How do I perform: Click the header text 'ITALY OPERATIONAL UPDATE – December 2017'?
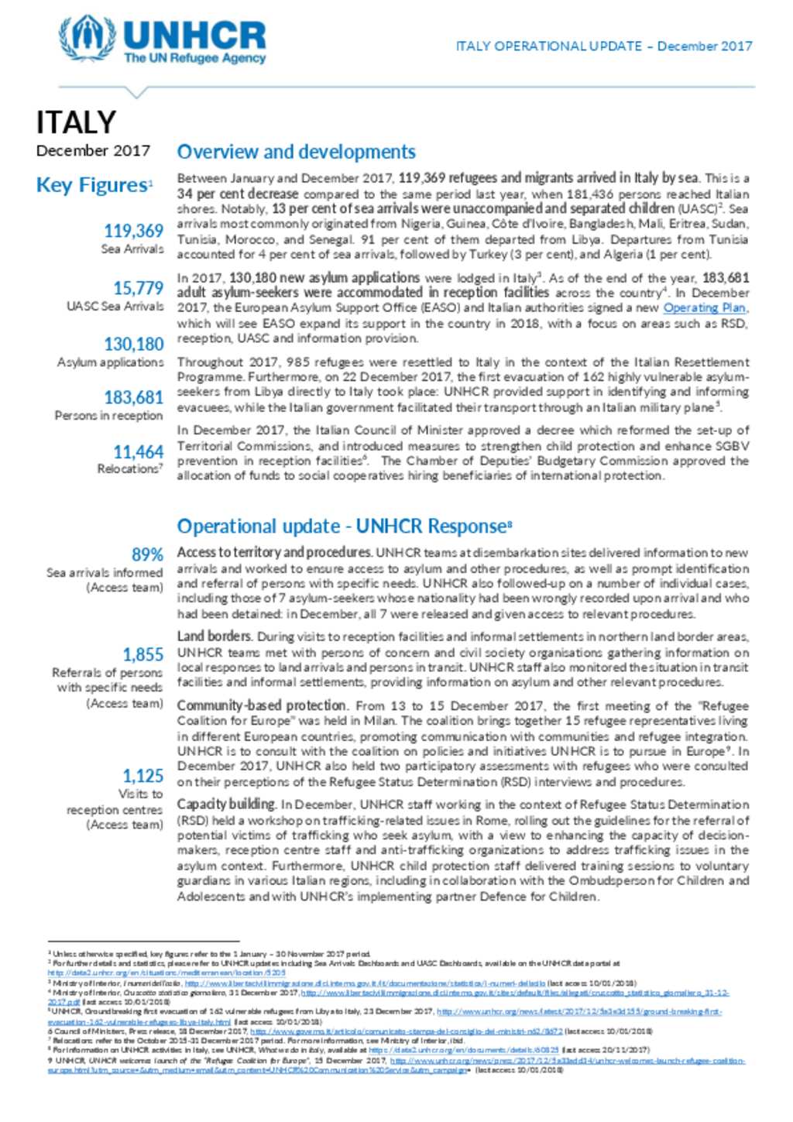[x=603, y=46]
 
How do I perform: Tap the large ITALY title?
[x=76, y=122]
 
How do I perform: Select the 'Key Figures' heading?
[x=92, y=186]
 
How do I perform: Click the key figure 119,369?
[x=133, y=231]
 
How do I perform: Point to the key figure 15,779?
[x=138, y=288]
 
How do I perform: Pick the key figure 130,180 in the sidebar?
[x=133, y=344]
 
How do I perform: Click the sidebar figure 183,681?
[x=133, y=397]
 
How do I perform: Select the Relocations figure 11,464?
[x=138, y=451]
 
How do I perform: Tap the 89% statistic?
[x=147, y=554]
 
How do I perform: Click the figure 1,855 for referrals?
[x=142, y=654]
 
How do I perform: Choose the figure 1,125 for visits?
[x=142, y=775]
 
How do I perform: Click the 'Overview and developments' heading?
[x=296, y=152]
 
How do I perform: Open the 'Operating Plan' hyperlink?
[x=705, y=308]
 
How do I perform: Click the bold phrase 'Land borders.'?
[x=215, y=636]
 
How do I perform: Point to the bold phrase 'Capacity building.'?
[x=226, y=805]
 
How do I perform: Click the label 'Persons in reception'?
[x=108, y=416]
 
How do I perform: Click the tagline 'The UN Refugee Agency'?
[x=194, y=58]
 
